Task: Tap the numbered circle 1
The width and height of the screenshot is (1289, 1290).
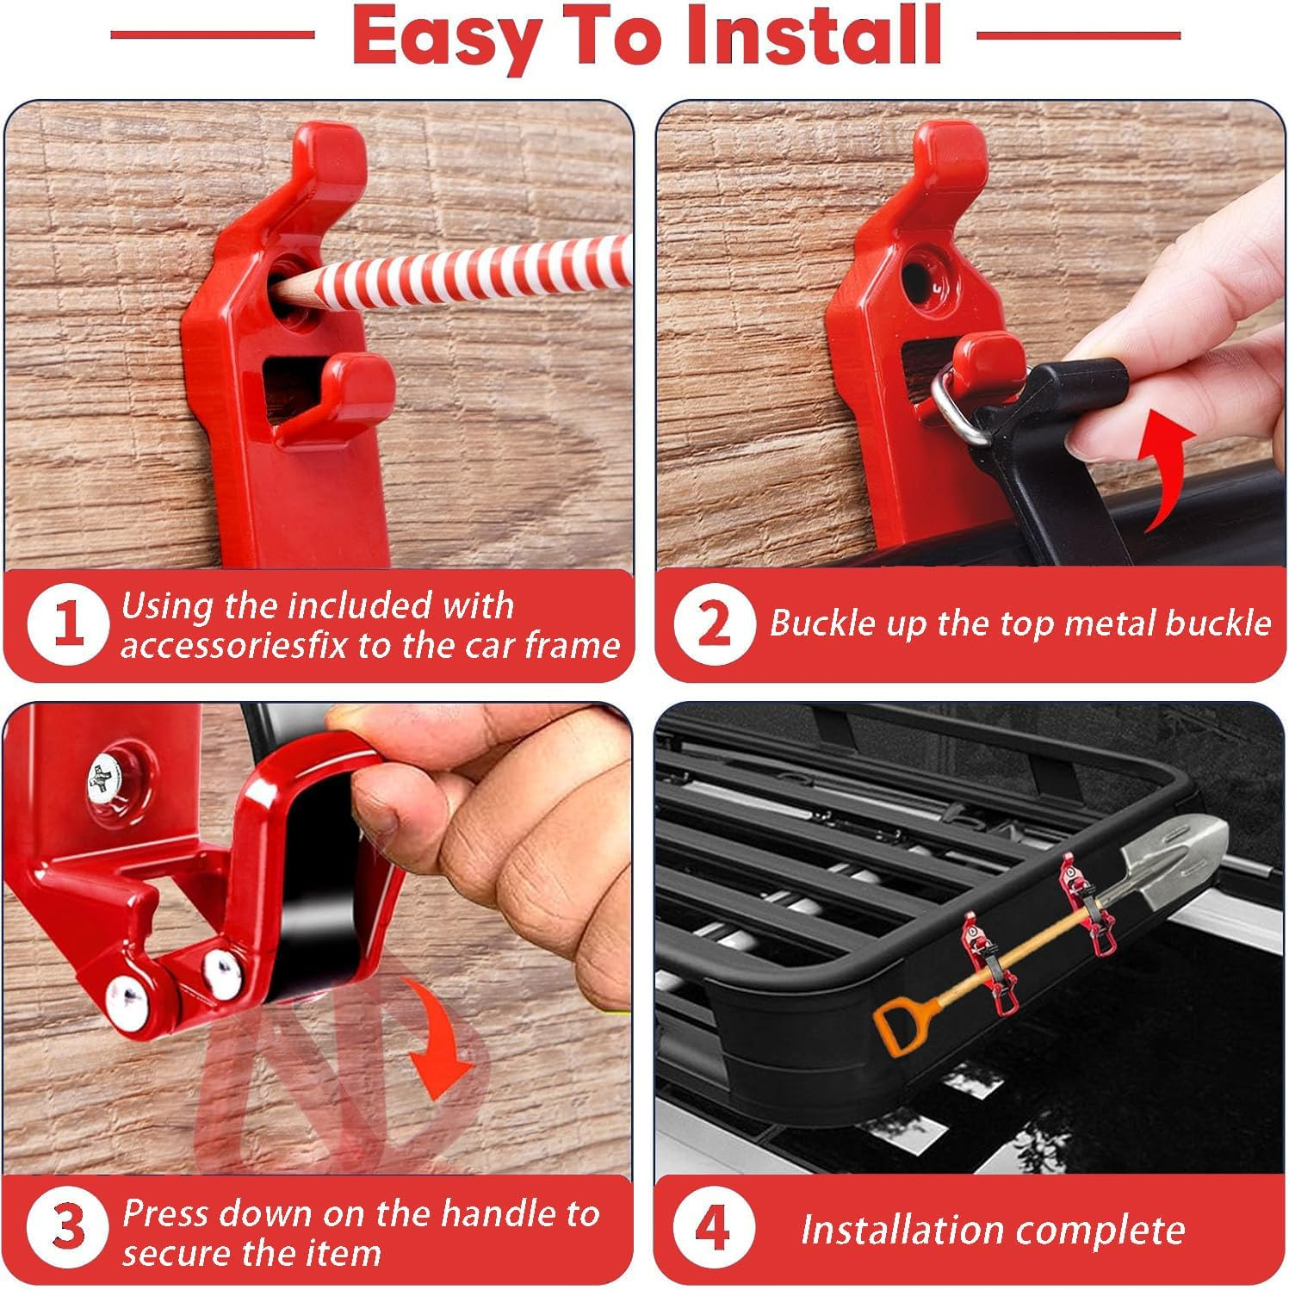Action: point(68,625)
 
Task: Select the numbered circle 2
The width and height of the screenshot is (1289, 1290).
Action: point(714,624)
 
